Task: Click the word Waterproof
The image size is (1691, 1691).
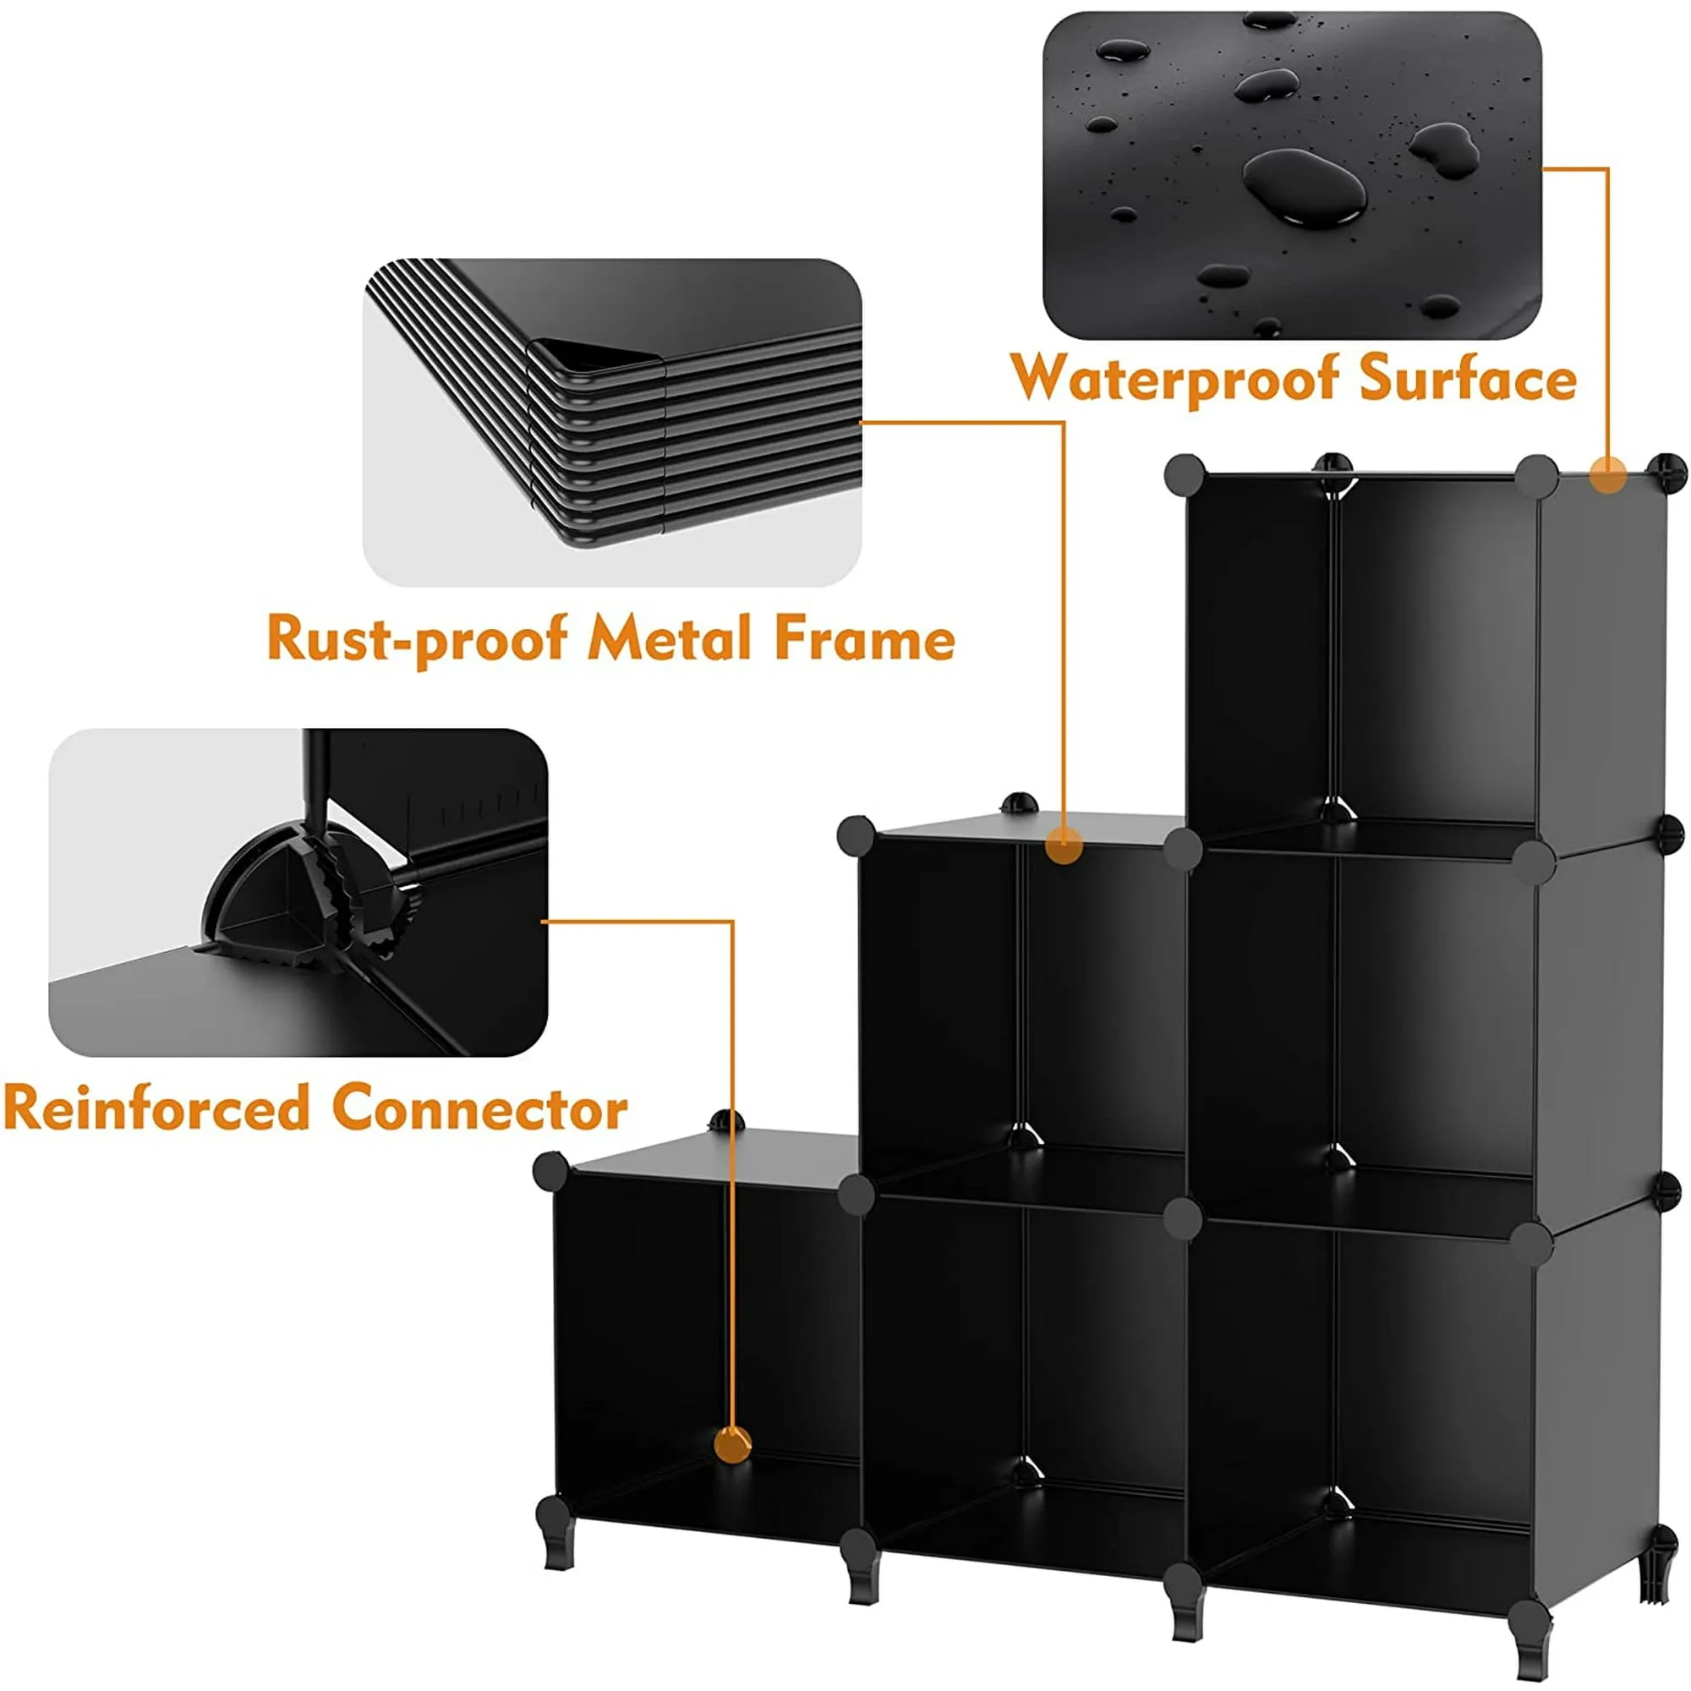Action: pyautogui.click(x=1174, y=379)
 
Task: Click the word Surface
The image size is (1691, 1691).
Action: pyautogui.click(x=1468, y=379)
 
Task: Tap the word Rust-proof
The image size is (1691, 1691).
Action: pyautogui.click(x=417, y=638)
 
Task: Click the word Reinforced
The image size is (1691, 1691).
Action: pyautogui.click(x=157, y=1108)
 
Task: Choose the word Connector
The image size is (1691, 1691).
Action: pyautogui.click(x=479, y=1108)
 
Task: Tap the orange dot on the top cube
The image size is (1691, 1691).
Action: pyautogui.click(x=1608, y=477)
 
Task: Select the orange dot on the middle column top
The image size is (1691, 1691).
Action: pyautogui.click(x=1064, y=845)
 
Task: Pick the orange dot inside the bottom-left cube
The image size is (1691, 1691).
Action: pyautogui.click(x=731, y=1444)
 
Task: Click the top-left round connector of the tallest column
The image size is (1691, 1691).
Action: pyautogui.click(x=1185, y=475)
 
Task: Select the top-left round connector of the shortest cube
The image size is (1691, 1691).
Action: pyautogui.click(x=550, y=1171)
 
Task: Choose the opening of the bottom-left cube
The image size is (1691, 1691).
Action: pyautogui.click(x=704, y=1339)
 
